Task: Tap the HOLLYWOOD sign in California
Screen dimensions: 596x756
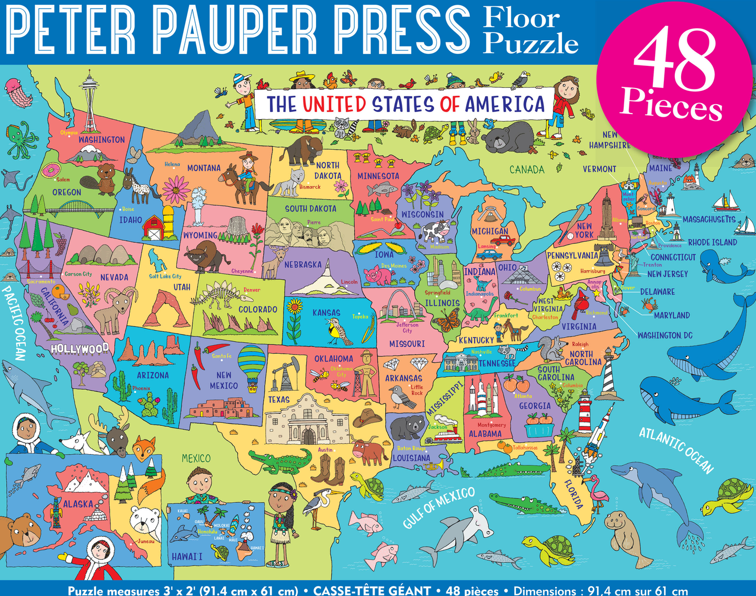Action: pos(80,348)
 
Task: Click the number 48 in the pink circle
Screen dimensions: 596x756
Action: pos(674,61)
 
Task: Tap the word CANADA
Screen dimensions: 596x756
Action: pos(527,170)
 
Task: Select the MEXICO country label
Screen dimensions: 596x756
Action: pos(196,458)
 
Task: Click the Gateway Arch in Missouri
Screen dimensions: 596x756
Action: pos(400,303)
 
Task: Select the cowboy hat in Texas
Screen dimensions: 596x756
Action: pos(368,417)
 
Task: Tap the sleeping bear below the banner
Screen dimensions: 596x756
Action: pos(507,138)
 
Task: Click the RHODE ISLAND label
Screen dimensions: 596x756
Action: pos(712,242)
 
